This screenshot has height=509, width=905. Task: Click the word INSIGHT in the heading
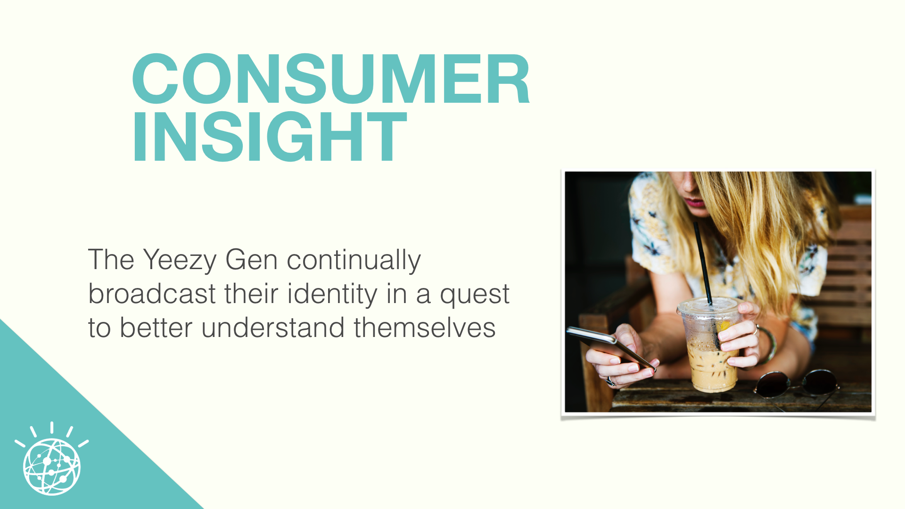[x=269, y=137]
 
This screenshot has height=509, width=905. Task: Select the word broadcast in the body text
[x=152, y=294]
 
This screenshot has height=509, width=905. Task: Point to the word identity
[x=332, y=295]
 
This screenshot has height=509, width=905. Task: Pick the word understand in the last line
[x=273, y=328]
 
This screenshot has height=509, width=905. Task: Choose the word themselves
[x=424, y=328]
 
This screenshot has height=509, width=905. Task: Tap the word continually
[x=354, y=261]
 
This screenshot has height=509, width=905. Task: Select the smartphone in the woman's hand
[x=611, y=348]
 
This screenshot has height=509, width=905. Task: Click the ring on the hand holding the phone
[x=610, y=381]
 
